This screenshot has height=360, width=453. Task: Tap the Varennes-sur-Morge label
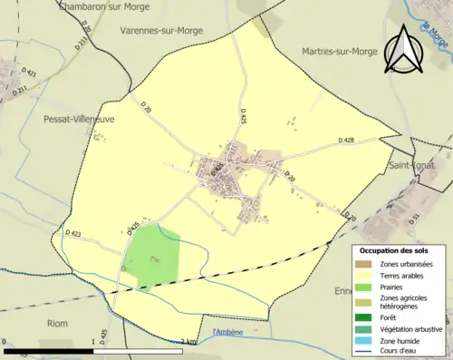pos(161,29)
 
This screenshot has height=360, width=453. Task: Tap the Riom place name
pos(32,323)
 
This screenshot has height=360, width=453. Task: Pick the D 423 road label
pos(73,233)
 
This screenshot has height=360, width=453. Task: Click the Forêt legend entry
pos(391,317)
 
